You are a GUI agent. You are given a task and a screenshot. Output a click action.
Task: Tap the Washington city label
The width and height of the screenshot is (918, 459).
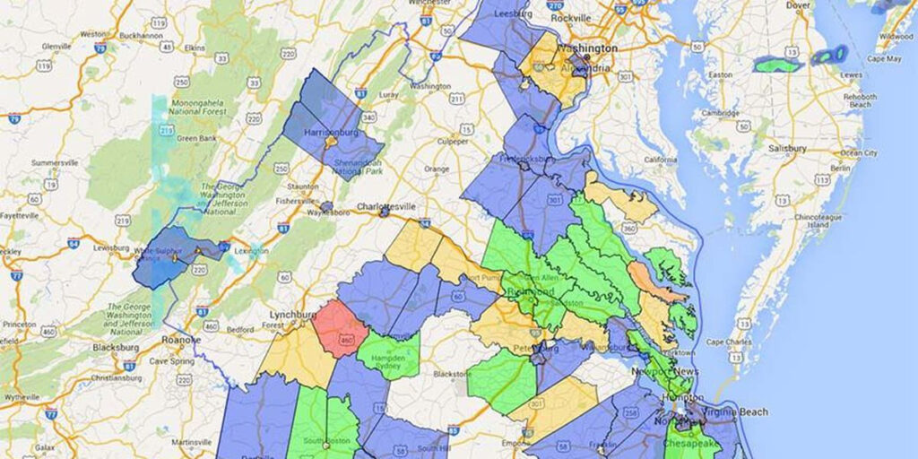click(x=587, y=48)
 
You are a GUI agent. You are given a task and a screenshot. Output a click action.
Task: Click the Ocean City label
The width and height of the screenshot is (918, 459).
click(x=858, y=153)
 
